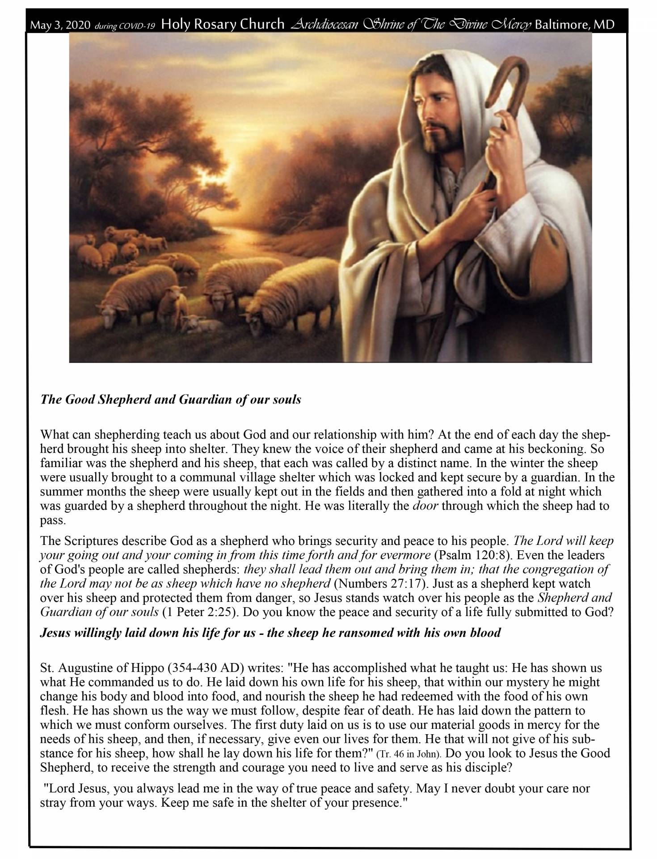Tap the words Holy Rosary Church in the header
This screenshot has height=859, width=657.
pyautogui.click(x=222, y=24)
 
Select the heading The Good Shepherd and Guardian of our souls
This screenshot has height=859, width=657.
pyautogui.click(x=170, y=399)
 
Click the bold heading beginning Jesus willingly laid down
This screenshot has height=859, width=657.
pyautogui.click(x=270, y=633)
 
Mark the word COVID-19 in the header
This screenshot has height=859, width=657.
pyautogui.click(x=139, y=26)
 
